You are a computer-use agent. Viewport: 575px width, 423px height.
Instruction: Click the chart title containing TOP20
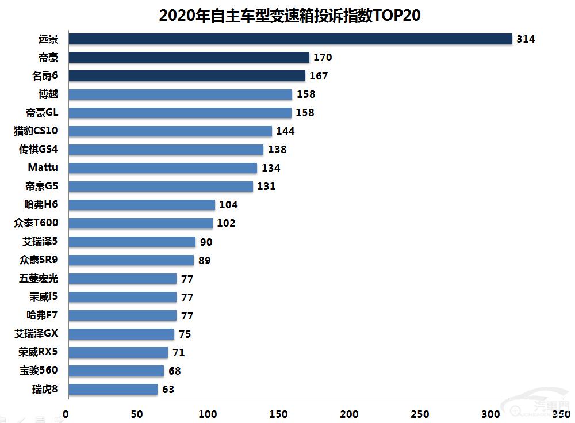pyautogui.click(x=290, y=16)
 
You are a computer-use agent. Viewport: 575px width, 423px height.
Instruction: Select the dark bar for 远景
pyautogui.click(x=290, y=39)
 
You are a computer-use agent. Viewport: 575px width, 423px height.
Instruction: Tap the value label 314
pyautogui.click(x=526, y=39)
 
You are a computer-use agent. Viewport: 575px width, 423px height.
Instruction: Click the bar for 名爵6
pyautogui.click(x=187, y=76)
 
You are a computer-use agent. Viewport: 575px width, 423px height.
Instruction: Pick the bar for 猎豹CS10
pyautogui.click(x=170, y=131)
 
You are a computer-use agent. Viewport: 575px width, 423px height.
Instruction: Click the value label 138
pyautogui.click(x=277, y=150)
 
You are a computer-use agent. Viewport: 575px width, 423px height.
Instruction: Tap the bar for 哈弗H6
pyautogui.click(x=142, y=205)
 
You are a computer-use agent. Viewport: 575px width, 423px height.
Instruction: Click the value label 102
pyautogui.click(x=226, y=223)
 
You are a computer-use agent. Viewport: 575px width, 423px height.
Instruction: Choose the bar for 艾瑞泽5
pyautogui.click(x=132, y=242)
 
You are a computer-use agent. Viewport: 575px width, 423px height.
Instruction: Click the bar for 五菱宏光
pyautogui.click(x=123, y=279)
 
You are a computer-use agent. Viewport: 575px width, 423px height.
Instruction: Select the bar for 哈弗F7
pyautogui.click(x=123, y=315)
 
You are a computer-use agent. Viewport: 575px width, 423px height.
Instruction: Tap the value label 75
pyautogui.click(x=185, y=334)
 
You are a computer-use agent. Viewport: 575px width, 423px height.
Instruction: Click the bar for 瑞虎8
pyautogui.click(x=113, y=390)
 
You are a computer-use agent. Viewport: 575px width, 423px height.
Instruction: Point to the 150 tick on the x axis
pyautogui.click(x=278, y=414)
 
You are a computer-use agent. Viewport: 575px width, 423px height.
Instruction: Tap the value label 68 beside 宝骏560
pyautogui.click(x=175, y=371)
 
